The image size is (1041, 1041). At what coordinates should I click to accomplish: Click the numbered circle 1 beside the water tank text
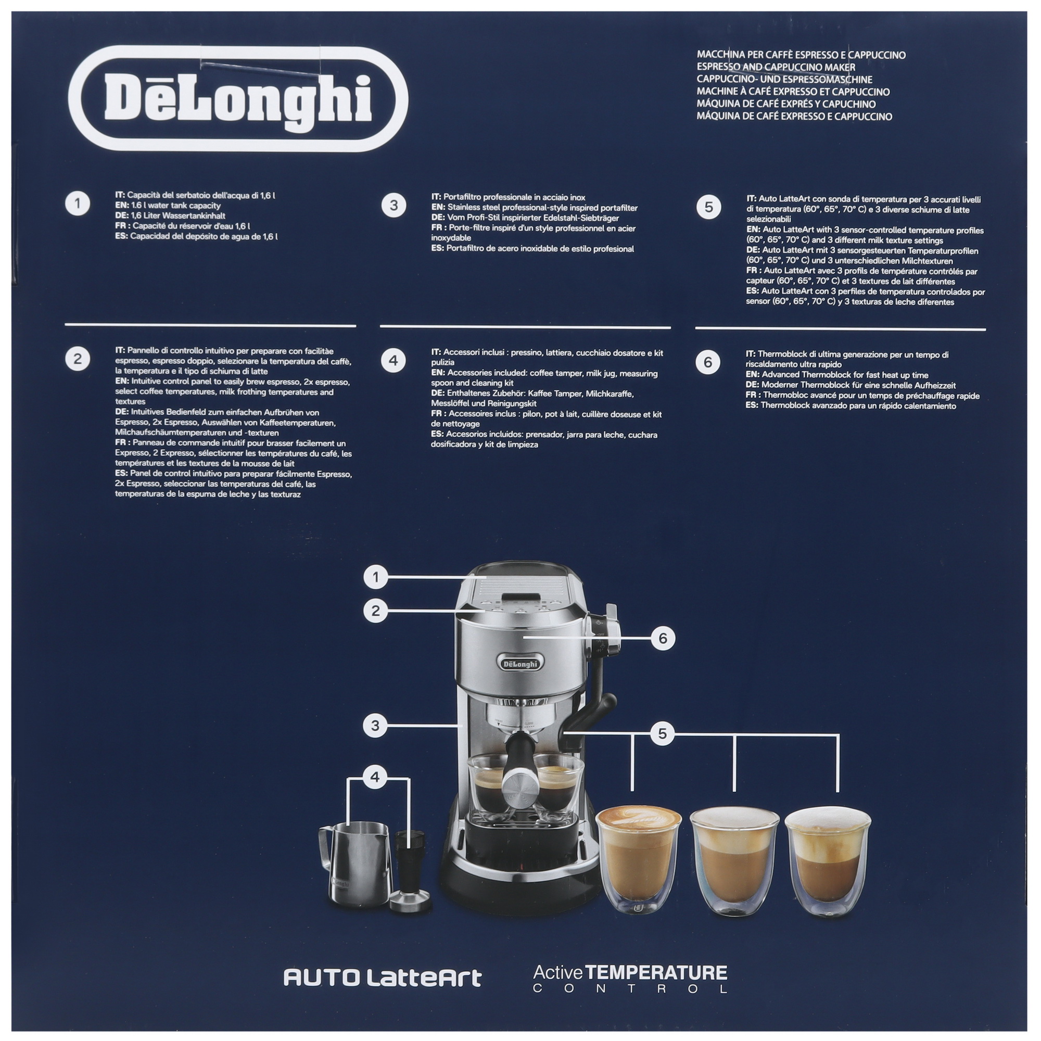78,204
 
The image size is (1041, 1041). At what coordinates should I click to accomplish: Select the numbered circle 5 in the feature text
708,208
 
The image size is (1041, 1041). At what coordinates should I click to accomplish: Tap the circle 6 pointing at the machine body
663,639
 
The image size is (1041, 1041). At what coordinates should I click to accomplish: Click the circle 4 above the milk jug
375,777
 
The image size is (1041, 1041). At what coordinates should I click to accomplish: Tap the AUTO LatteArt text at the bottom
382,978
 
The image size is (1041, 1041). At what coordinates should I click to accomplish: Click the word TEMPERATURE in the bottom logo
656,973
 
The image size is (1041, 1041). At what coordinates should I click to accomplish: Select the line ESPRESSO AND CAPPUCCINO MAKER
776,67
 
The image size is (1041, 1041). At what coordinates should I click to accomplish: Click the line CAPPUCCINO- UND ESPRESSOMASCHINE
784,79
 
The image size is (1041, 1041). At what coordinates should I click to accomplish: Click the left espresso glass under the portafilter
488,788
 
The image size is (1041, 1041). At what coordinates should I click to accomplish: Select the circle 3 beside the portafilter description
393,205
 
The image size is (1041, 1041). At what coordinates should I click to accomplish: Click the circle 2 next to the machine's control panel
376,611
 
